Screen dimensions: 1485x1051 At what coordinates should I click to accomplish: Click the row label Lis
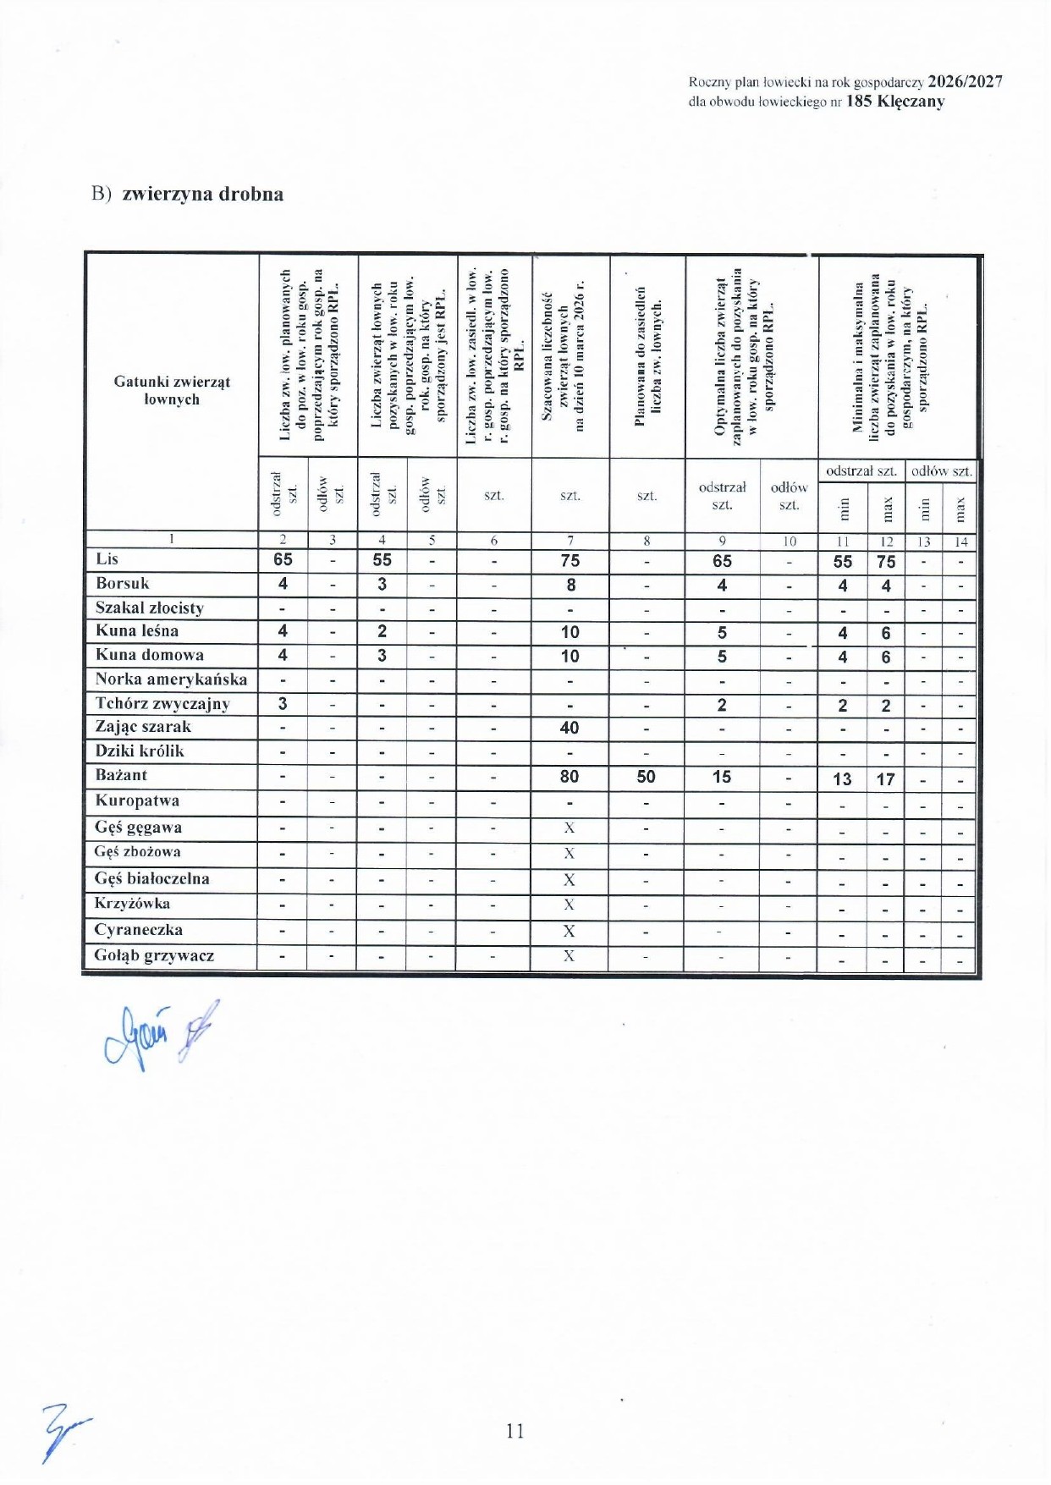pos(107,559)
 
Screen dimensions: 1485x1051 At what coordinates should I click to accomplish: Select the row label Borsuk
pos(122,584)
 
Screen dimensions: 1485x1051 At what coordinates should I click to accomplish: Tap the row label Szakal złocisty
pos(149,608)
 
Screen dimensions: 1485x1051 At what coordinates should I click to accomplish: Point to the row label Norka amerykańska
pos(171,679)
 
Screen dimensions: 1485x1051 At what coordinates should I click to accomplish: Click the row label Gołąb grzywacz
pos(154,956)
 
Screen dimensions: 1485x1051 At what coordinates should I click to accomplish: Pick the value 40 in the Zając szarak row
pos(570,728)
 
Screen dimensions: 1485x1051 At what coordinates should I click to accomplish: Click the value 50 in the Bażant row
pos(646,777)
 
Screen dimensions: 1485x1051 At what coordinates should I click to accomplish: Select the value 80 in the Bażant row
pos(570,777)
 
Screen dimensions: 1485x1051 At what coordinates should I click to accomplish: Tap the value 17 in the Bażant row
pos(885,779)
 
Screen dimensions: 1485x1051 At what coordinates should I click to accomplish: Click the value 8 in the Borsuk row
pos(571,585)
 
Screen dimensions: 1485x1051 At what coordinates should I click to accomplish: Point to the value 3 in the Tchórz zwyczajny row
pos(283,704)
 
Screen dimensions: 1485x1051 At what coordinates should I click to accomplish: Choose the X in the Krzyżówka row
pos(570,905)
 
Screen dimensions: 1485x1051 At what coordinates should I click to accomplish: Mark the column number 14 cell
pos(960,542)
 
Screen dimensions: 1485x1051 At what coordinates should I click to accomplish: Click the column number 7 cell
pos(570,541)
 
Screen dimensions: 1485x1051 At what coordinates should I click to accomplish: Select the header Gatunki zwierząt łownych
pos(172,390)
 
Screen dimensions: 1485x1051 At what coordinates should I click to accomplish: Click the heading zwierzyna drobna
pos(202,194)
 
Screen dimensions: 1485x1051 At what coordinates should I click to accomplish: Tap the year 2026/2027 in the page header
pos(965,82)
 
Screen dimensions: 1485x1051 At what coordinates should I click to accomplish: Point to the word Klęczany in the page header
pos(911,102)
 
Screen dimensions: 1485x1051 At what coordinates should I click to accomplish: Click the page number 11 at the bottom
pos(515,1431)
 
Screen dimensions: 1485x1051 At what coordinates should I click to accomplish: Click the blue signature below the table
pos(157,1035)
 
